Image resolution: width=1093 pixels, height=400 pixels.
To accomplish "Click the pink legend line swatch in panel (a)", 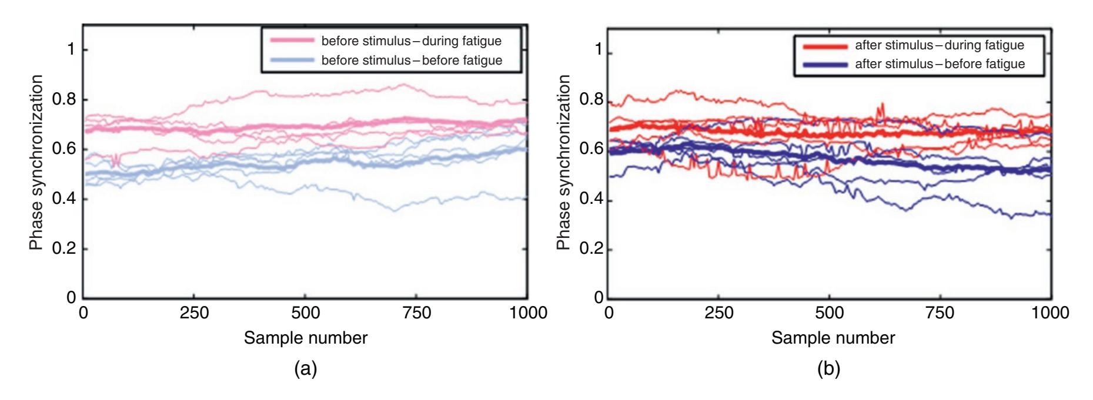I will (291, 41).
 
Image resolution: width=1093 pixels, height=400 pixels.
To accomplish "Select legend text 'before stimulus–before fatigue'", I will (412, 60).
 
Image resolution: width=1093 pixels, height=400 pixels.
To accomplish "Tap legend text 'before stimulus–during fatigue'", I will (412, 41).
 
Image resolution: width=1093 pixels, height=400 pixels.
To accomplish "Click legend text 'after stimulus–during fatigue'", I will (940, 45).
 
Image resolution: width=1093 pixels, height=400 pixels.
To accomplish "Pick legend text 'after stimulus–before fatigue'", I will (940, 64).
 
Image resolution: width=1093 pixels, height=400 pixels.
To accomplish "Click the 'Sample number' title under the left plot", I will (306, 338).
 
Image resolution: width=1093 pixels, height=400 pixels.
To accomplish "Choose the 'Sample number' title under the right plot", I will (833, 338).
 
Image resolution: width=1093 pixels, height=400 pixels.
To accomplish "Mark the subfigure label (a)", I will (306, 369).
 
